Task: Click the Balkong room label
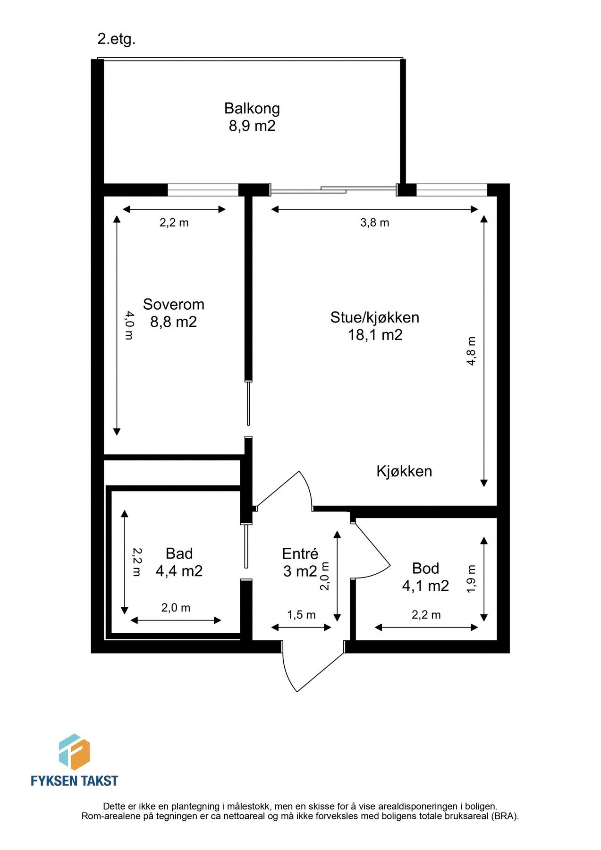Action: tap(252, 108)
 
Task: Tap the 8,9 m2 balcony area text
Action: tap(252, 126)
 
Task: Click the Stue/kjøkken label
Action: tap(374, 317)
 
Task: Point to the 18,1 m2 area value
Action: tap(375, 335)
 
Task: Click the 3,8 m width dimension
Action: tap(374, 222)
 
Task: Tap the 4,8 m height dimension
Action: tap(471, 351)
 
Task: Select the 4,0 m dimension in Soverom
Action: tap(129, 325)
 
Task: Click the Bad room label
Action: tap(179, 553)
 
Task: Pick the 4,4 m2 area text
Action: tap(179, 571)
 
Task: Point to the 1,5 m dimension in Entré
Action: tap(301, 615)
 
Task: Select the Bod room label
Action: tap(425, 568)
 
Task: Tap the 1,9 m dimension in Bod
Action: tap(471, 579)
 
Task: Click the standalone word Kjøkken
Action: tap(404, 471)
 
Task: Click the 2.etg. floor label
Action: tap(116, 39)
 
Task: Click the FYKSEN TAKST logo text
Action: tap(74, 781)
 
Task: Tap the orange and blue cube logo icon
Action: tap(74, 751)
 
